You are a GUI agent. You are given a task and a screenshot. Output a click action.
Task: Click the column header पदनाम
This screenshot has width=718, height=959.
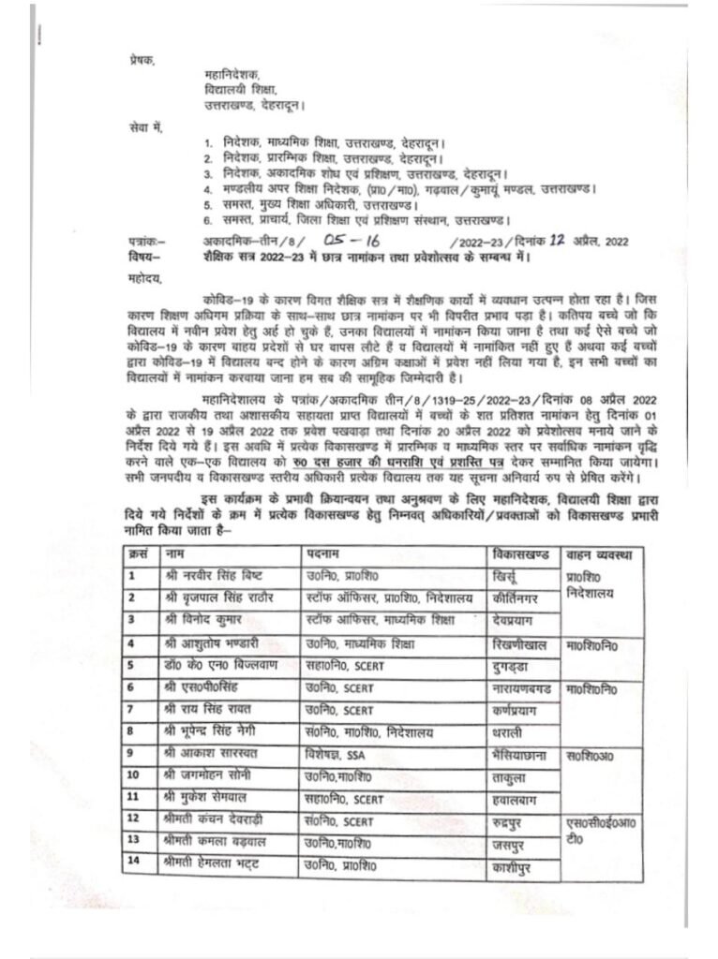324,555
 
